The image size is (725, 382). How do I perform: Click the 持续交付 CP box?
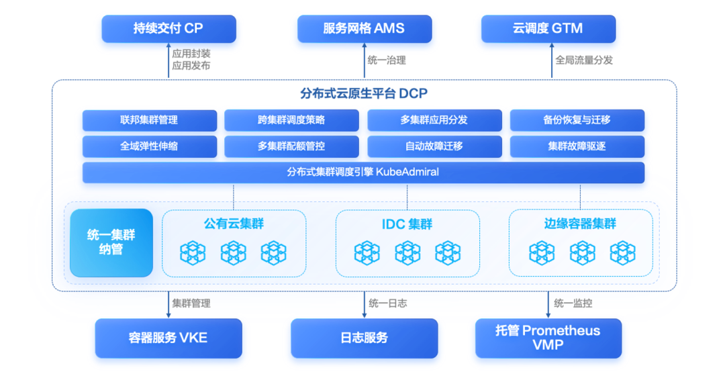[x=168, y=29]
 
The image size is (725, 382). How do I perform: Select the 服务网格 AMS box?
[x=365, y=29]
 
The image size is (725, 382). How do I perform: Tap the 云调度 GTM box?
[x=548, y=29]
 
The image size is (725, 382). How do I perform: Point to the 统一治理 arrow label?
[x=387, y=60]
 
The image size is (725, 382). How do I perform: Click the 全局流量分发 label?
[x=584, y=60]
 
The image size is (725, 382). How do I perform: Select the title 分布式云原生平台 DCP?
[x=364, y=93]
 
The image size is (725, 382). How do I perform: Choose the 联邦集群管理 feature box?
[x=149, y=120]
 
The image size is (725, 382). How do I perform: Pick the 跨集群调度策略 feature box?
[x=291, y=120]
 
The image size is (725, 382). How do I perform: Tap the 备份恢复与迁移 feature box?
[x=577, y=120]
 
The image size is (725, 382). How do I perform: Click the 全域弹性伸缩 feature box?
[x=149, y=146]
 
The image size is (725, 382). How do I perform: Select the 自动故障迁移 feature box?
[x=434, y=146]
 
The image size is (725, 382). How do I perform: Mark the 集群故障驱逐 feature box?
[x=577, y=146]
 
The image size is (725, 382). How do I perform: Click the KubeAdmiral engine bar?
[x=363, y=173]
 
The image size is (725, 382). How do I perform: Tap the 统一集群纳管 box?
[x=111, y=243]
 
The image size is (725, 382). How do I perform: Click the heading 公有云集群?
[x=234, y=224]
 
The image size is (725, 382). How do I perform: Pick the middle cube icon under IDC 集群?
[x=407, y=253]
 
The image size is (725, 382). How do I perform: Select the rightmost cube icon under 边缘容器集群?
[x=622, y=253]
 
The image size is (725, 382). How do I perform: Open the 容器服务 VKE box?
[x=168, y=338]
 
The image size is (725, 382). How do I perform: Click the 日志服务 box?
[x=365, y=338]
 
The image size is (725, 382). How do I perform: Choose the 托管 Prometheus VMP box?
[x=548, y=338]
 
